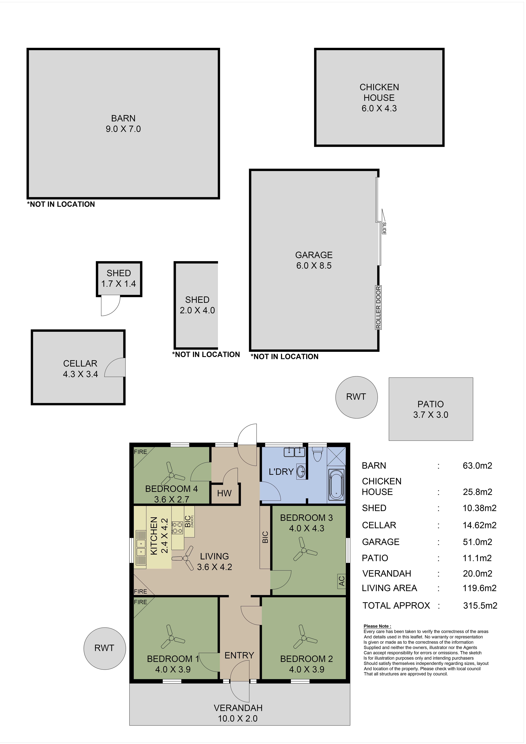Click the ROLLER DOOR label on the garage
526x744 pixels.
378,307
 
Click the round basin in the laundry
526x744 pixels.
301,472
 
